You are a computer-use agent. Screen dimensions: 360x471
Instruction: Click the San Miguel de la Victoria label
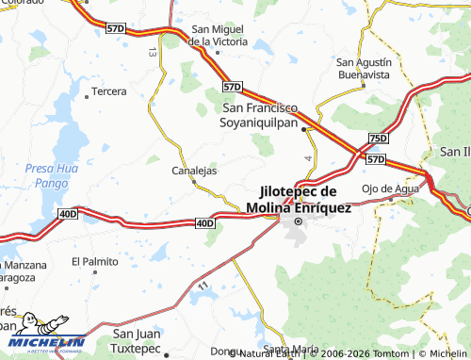pyautogui.click(x=218, y=35)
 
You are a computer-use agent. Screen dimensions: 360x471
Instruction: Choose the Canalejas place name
pyautogui.click(x=195, y=172)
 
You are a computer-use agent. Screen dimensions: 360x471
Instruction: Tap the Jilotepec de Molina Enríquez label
pyautogui.click(x=299, y=200)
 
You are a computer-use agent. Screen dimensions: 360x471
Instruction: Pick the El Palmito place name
pyautogui.click(x=94, y=261)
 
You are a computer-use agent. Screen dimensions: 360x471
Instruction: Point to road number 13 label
pyautogui.click(x=152, y=54)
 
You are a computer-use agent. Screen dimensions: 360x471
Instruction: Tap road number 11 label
pyautogui.click(x=203, y=282)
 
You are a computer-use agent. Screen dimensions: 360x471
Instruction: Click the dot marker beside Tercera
pyautogui.click(x=86, y=93)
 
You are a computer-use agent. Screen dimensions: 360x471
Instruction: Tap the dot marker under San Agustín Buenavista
pyautogui.click(x=363, y=85)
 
